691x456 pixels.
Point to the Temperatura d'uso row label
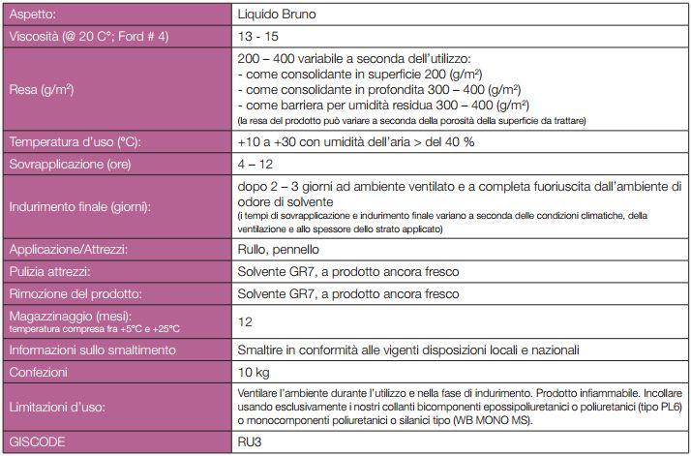point(75,142)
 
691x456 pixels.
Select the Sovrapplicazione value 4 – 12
point(253,164)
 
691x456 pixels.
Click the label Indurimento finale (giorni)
point(83,206)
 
